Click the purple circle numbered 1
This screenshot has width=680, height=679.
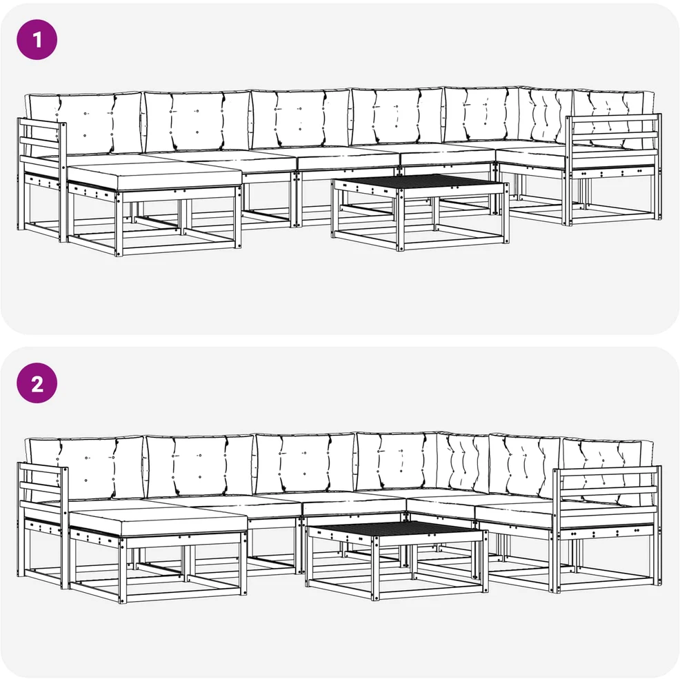[x=37, y=39]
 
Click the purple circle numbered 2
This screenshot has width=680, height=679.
[x=37, y=383]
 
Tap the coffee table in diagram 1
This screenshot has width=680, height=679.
[x=420, y=212]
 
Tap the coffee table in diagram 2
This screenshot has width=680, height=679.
[x=397, y=560]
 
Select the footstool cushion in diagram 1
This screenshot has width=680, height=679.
[x=154, y=175]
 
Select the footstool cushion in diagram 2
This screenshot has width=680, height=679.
[x=158, y=521]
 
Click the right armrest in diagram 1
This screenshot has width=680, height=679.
[x=613, y=169]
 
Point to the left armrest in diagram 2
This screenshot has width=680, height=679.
[x=42, y=525]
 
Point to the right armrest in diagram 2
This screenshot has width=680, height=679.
[x=606, y=528]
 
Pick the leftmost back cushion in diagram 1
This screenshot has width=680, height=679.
[x=83, y=123]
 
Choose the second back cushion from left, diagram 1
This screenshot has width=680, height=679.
[x=197, y=121]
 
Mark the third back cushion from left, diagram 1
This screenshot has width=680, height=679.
[x=301, y=119]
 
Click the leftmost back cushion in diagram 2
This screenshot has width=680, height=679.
[x=85, y=467]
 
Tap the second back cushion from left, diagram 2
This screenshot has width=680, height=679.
[x=200, y=465]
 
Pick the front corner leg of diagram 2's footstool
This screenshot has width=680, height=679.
[x=121, y=569]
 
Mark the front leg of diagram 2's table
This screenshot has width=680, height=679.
[x=375, y=569]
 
